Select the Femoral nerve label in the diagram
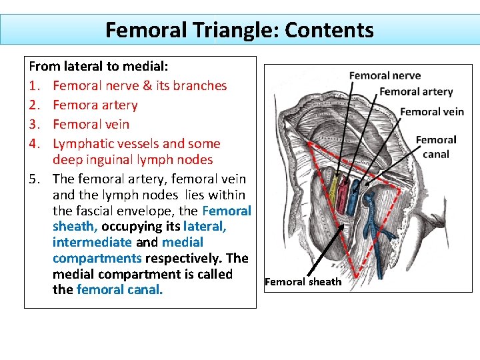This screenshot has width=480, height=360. pos(385,75)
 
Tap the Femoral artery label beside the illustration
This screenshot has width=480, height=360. pos(416,91)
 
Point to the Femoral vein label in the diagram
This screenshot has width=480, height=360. pos(432,111)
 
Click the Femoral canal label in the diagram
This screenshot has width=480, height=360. pos(436,147)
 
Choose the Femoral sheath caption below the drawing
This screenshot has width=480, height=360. pos(303,281)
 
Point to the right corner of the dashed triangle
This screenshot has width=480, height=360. pos(400,190)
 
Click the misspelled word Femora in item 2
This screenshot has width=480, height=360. pos(73,105)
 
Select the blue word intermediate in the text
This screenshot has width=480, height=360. pos(92,242)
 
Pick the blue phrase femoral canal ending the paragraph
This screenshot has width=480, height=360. pos(119,289)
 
